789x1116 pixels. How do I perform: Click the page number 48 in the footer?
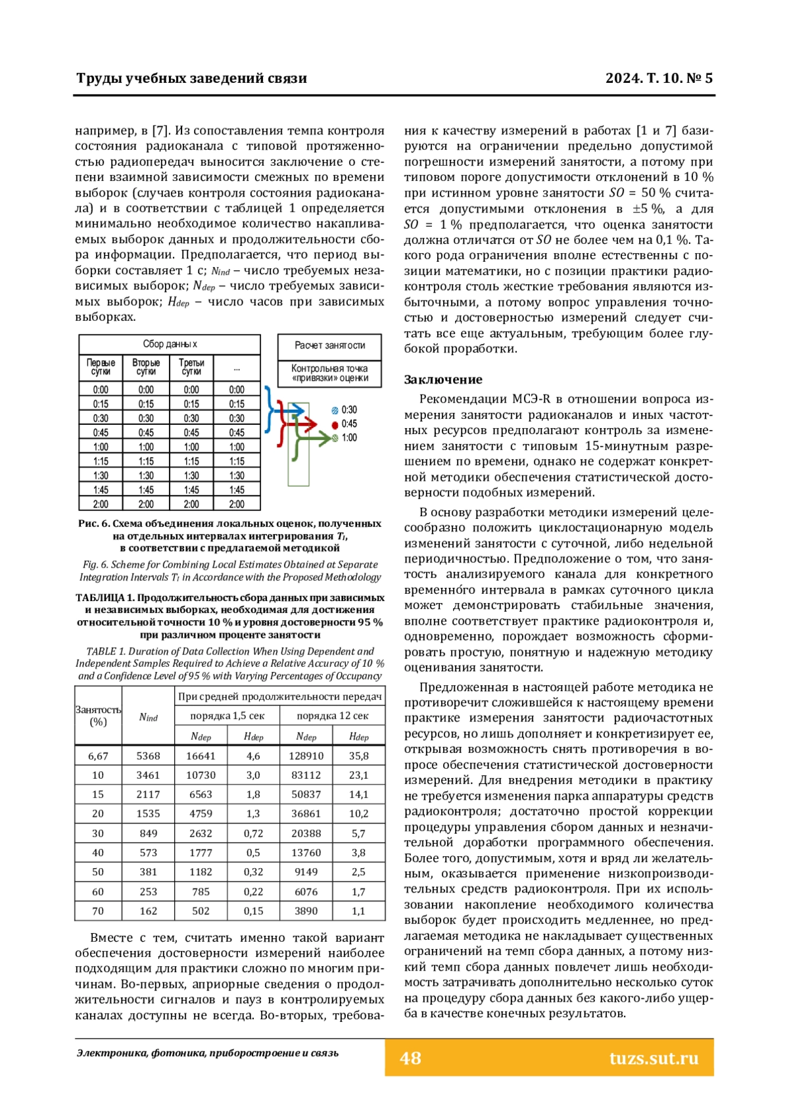(x=410, y=1057)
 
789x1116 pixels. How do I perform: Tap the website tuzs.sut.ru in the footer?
(x=653, y=1057)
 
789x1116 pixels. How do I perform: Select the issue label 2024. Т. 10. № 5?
(x=658, y=78)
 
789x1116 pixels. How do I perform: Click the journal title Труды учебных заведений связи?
(x=191, y=78)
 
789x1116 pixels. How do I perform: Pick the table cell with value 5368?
(x=148, y=756)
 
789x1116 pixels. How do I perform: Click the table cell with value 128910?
(x=306, y=756)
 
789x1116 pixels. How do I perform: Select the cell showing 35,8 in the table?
(x=358, y=756)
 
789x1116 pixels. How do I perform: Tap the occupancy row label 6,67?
(x=98, y=756)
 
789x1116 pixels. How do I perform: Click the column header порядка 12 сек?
(x=332, y=716)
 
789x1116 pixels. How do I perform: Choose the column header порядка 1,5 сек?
(x=227, y=716)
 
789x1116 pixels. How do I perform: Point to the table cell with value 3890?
(x=306, y=911)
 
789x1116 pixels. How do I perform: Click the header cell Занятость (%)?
(x=98, y=716)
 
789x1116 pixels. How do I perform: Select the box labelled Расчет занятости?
(x=329, y=345)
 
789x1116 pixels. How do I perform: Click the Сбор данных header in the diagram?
(x=170, y=344)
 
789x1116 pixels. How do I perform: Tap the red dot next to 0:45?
(x=335, y=424)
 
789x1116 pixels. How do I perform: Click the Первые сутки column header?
(x=101, y=367)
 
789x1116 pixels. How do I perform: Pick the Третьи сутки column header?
(x=191, y=367)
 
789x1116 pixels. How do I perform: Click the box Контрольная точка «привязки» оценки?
(x=329, y=373)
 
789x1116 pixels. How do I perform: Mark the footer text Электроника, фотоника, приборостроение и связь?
(x=208, y=1053)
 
